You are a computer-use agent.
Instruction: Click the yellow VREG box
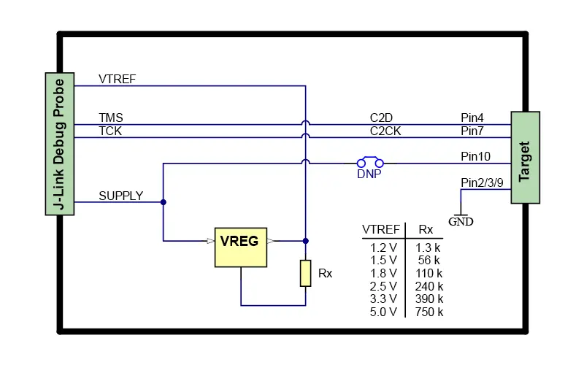240,247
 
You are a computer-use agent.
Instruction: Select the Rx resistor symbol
306,273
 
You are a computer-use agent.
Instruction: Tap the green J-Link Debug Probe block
61,144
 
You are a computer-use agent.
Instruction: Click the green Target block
525,158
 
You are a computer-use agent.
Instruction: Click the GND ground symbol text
461,221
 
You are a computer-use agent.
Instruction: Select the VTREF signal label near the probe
117,79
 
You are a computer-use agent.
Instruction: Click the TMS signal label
111,118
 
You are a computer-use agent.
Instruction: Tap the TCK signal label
111,131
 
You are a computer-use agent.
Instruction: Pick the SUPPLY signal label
120,196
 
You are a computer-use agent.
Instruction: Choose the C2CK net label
385,131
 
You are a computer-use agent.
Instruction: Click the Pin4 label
472,118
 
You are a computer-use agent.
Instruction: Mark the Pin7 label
472,131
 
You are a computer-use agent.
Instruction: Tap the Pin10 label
475,156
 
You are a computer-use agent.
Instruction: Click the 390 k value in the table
429,299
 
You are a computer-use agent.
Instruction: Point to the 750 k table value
429,312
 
